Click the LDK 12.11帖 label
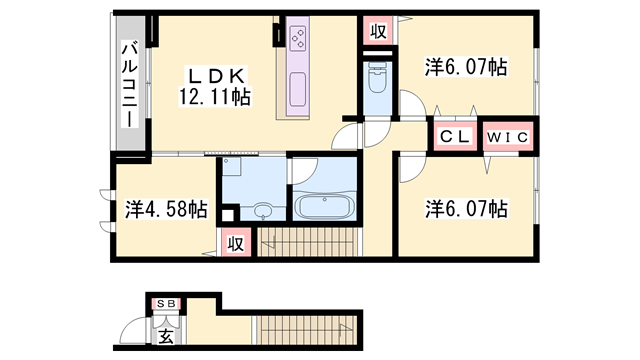point(215,87)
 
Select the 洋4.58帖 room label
point(166,209)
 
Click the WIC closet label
point(508,138)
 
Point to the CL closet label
point(455,137)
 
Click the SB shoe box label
point(167,304)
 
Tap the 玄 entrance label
point(166,336)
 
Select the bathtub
point(325,206)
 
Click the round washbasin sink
point(262,211)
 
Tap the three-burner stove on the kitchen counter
point(298,38)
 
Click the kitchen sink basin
point(298,89)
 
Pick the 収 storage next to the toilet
point(378,31)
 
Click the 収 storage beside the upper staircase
point(236,244)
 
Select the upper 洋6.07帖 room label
point(466,67)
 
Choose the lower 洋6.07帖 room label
point(466,209)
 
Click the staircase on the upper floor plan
point(308,242)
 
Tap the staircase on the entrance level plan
point(305,330)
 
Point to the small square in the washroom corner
point(227,215)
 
